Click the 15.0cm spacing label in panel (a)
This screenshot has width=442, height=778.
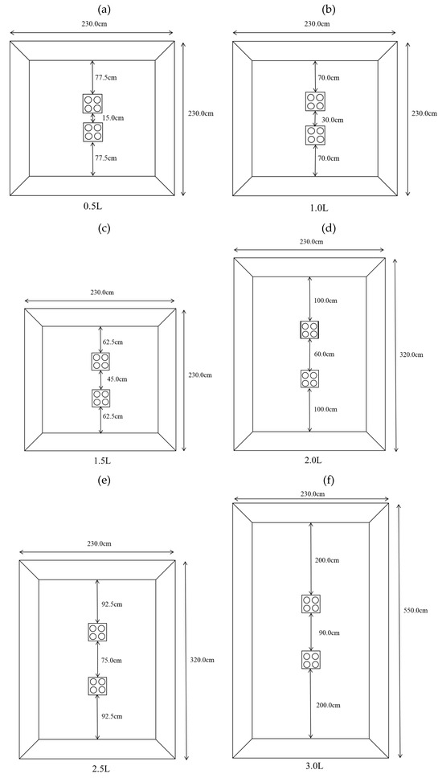click(x=113, y=117)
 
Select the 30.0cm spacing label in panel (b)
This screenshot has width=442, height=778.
click(x=332, y=120)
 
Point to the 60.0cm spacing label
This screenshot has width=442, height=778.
click(x=324, y=354)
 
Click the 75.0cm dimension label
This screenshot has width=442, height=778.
click(x=112, y=661)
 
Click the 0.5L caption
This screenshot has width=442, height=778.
click(x=93, y=205)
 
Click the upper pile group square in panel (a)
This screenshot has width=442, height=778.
click(x=92, y=103)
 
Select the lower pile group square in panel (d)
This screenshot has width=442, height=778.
click(x=309, y=379)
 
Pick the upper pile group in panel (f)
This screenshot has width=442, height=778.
click(x=311, y=604)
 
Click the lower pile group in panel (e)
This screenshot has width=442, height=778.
click(x=98, y=686)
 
